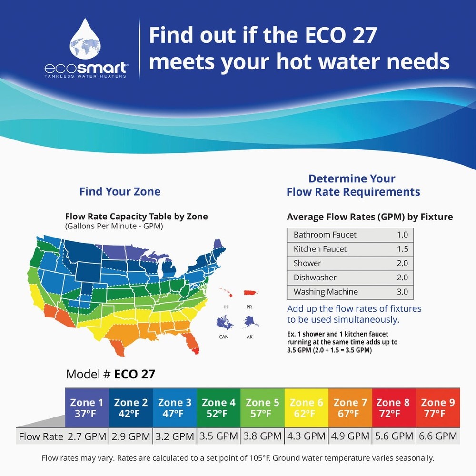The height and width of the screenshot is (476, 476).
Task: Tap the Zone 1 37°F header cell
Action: tap(87, 408)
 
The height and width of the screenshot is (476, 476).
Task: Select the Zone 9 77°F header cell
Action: tap(438, 408)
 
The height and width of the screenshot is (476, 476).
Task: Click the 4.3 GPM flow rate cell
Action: tap(306, 436)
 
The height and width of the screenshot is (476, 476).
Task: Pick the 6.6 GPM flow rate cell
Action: tap(438, 436)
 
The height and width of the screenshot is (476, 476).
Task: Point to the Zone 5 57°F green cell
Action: tap(262, 408)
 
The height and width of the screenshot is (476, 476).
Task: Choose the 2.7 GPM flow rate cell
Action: tap(87, 436)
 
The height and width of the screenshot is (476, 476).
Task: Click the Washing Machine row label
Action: tap(326, 292)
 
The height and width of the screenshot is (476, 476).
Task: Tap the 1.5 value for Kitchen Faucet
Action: tap(402, 249)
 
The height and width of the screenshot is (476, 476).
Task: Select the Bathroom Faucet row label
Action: tap(325, 235)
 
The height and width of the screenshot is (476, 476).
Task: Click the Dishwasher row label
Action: tap(315, 278)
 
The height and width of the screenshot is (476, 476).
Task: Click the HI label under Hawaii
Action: tap(226, 307)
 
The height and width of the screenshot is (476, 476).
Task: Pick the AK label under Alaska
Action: tap(249, 337)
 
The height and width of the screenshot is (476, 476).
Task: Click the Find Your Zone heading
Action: tap(119, 192)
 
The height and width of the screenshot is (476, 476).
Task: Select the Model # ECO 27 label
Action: tap(110, 374)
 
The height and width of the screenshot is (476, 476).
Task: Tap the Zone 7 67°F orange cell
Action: tap(350, 408)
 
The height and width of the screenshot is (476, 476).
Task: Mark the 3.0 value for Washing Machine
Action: tap(402, 292)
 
